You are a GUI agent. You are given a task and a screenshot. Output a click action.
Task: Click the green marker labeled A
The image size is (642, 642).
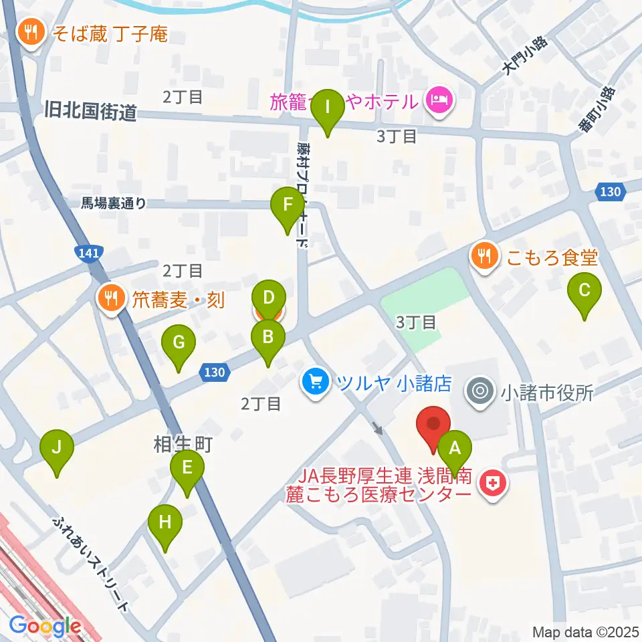pos(455,449)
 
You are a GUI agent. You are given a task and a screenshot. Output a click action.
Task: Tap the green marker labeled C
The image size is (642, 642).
pos(584,292)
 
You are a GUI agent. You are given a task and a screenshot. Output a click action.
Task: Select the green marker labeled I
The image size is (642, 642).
pos(328,108)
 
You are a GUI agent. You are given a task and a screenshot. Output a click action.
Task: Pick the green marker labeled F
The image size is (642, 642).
pos(288,206)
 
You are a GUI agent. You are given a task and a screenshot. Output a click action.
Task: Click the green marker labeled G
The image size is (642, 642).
pos(179,344)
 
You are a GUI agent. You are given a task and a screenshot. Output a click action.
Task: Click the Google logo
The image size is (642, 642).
pos(45,627)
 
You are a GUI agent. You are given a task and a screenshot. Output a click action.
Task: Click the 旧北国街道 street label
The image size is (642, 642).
pos(91,111)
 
